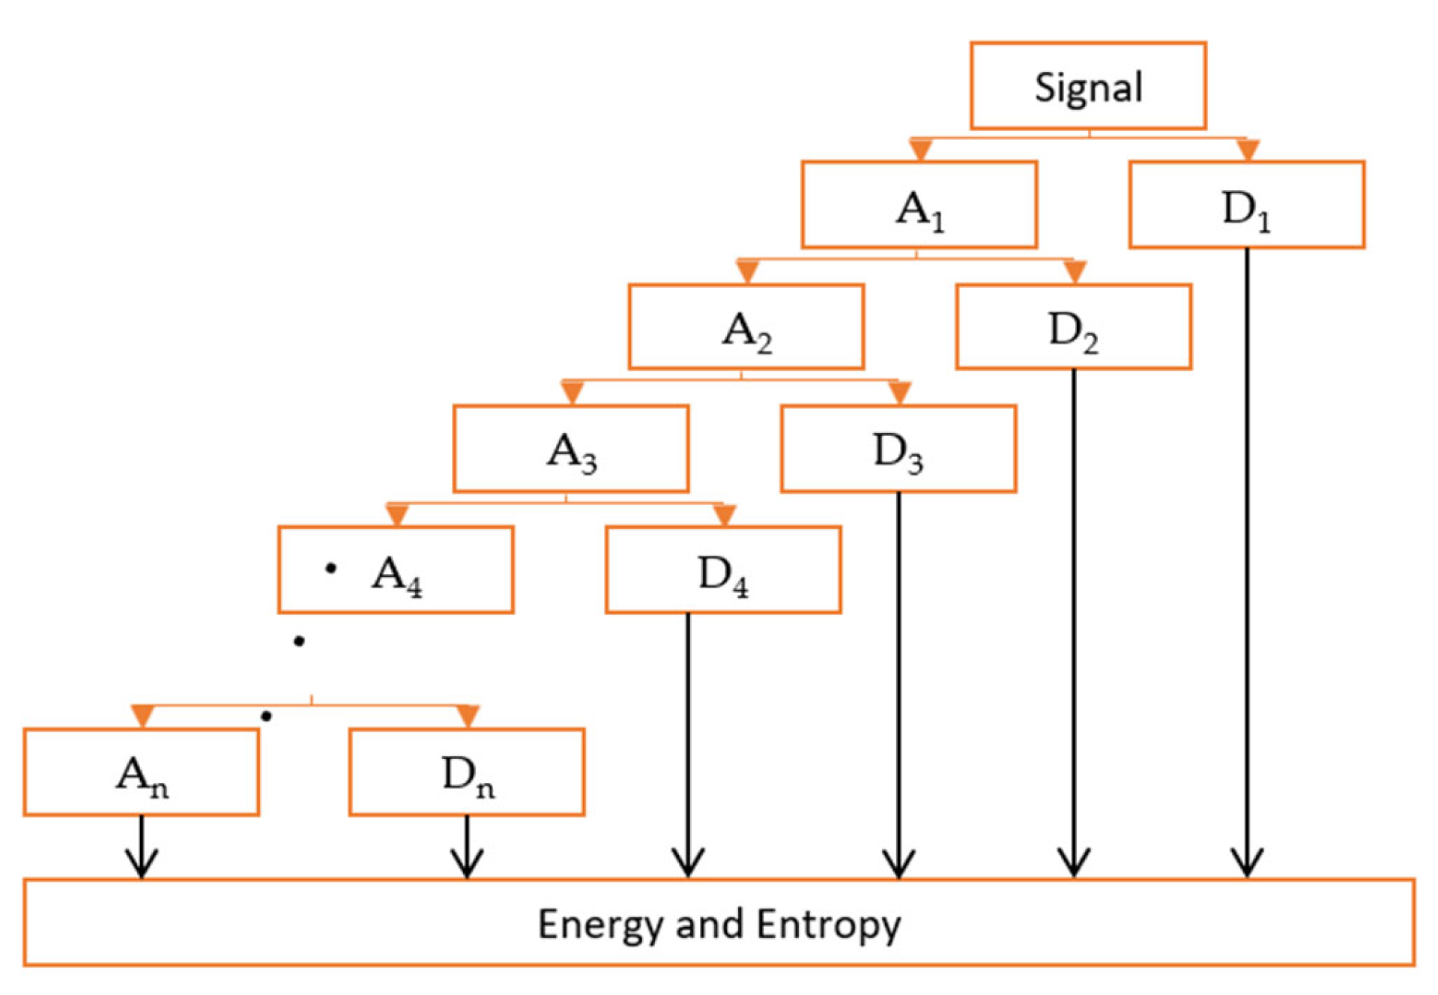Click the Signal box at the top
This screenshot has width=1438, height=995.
point(1087,86)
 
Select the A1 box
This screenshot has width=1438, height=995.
point(919,205)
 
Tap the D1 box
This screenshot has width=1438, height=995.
point(1246,205)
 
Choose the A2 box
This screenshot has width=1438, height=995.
point(746,327)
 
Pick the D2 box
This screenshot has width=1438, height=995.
point(1073,327)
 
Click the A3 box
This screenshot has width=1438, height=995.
point(570,449)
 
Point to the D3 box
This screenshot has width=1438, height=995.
point(898,449)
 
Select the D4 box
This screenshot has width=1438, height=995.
point(722,570)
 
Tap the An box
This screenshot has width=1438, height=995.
point(141,772)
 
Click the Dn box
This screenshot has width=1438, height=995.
point(466,772)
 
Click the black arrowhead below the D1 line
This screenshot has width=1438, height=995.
point(1247,863)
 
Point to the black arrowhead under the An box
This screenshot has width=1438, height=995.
point(142,863)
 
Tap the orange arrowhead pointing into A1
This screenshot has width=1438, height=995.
point(920,149)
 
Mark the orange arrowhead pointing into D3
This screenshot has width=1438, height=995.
point(899,393)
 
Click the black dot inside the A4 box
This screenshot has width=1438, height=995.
point(330,568)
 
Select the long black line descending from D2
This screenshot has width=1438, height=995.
point(1073,599)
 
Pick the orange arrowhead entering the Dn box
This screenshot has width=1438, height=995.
point(468,716)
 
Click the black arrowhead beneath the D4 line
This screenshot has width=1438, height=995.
point(688,863)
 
